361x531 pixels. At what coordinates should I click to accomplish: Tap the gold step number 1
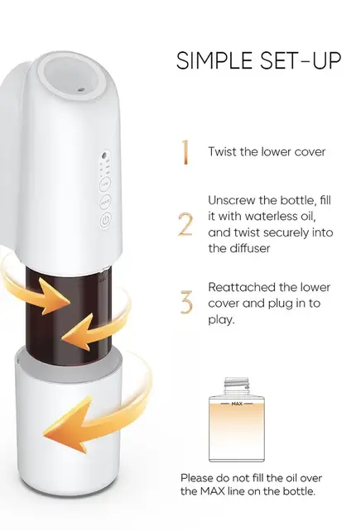click(186, 151)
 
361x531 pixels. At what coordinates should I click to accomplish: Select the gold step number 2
click(186, 224)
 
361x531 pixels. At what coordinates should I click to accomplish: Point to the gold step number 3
click(186, 302)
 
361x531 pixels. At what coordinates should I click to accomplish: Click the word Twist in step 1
click(223, 151)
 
